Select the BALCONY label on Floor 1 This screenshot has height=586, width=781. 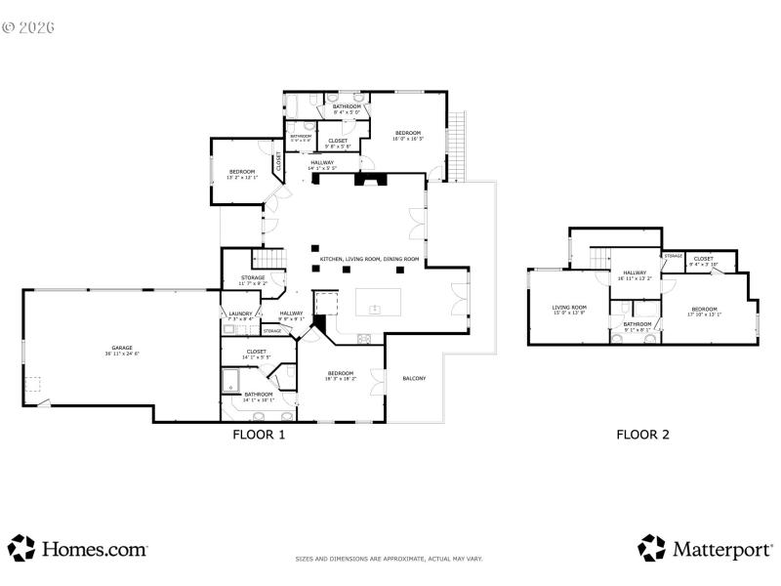tap(414, 379)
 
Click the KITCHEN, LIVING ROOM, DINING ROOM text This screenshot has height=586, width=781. tap(369, 259)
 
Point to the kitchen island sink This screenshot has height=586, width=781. tap(373, 310)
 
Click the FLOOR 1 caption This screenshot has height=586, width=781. tap(259, 436)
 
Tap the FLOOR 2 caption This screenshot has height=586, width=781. tap(642, 436)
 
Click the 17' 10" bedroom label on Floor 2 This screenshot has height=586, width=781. tap(703, 312)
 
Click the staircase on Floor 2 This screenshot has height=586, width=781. tap(599, 257)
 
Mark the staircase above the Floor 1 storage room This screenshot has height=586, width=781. tap(267, 259)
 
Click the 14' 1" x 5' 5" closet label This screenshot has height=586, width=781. tap(257, 354)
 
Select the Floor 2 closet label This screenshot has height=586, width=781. tap(703, 261)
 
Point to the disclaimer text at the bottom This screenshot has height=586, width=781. tap(390, 559)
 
